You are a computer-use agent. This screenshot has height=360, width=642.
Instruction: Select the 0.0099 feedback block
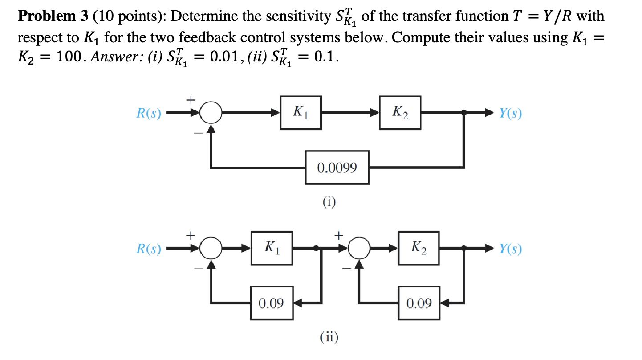tap(337, 168)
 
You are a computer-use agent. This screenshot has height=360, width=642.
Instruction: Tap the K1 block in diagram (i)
tap(301, 113)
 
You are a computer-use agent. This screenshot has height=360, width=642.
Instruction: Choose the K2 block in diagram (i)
tap(399, 113)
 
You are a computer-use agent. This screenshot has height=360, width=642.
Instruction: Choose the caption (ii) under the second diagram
tap(329, 337)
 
